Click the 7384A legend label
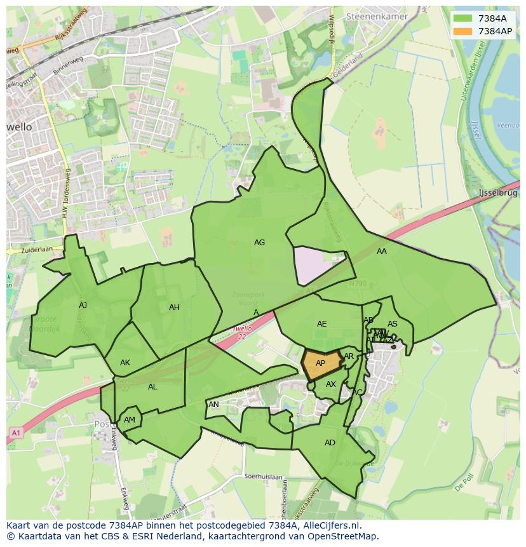coord(492,18)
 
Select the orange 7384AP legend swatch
coord(463,31)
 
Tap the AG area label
coord(259,243)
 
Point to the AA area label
coord(381,252)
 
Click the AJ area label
coord(83,306)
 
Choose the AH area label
coord(174,307)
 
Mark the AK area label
coord(125,363)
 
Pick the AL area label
coord(152,387)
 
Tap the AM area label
coord(130,420)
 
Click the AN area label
coord(213,405)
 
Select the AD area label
coord(330,443)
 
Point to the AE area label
coord(321,324)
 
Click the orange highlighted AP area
coord(320,364)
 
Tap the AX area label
coord(330,384)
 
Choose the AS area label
coord(393,324)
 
